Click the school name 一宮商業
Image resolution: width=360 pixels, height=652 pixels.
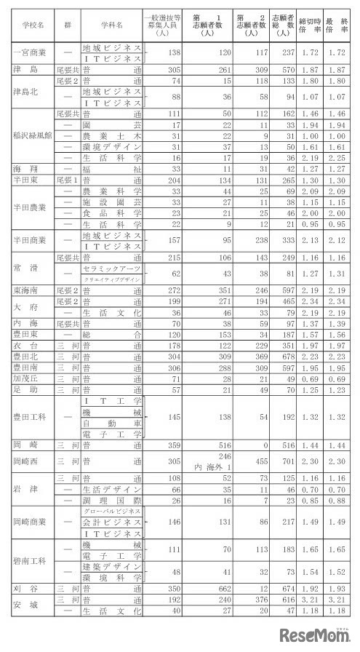tap(31, 52)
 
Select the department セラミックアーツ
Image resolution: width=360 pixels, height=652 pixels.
tap(111, 269)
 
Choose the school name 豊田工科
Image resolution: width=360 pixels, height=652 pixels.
tap(31, 418)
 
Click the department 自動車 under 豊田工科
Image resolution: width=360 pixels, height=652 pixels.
tap(111, 423)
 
